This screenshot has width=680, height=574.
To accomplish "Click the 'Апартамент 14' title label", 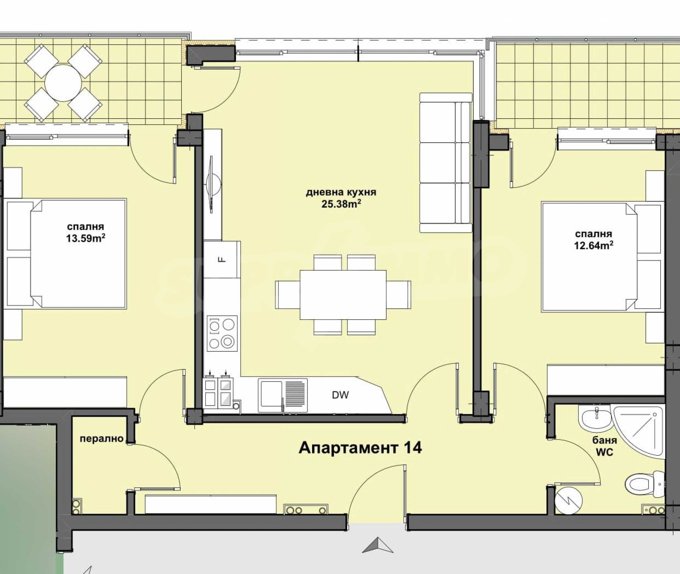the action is pyautogui.click(x=360, y=448).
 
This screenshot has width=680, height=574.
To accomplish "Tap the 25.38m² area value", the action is pyautogui.click(x=341, y=204).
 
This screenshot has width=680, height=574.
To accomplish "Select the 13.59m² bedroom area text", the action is pyautogui.click(x=86, y=238).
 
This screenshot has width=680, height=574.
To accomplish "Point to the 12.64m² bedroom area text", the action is pyautogui.click(x=594, y=245).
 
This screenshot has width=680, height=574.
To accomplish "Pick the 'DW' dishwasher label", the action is pyautogui.click(x=340, y=395).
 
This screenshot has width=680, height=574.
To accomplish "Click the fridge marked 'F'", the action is pyautogui.click(x=222, y=259).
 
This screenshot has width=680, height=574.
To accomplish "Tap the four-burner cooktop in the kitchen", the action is pyautogui.click(x=222, y=333).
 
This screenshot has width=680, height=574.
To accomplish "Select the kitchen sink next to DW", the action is pyautogui.click(x=283, y=395).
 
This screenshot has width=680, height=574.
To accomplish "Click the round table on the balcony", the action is pyautogui.click(x=63, y=83).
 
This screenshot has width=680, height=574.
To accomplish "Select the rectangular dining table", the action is pyautogui.click(x=343, y=295).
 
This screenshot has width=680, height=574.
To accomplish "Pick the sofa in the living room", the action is pyautogui.click(x=446, y=162).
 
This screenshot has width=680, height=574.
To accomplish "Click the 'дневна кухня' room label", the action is pyautogui.click(x=341, y=192).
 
